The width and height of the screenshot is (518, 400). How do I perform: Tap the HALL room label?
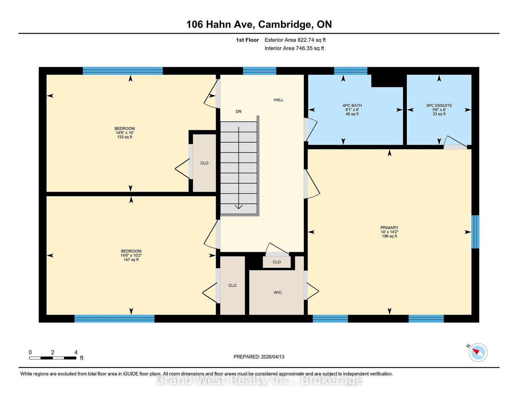(x=278, y=100)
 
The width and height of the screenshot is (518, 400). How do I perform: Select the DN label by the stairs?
(x=239, y=112)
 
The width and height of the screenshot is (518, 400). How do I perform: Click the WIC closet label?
(x=278, y=293)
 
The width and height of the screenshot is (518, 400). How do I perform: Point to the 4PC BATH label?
(x=352, y=106)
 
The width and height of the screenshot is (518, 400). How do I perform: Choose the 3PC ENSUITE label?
(x=439, y=106)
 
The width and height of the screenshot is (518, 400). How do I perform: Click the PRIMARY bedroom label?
(x=389, y=228)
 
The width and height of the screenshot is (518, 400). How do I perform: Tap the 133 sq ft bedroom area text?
(x=125, y=137)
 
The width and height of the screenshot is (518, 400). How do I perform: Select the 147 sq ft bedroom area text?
(x=131, y=260)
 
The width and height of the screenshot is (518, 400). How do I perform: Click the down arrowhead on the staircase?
(x=239, y=207)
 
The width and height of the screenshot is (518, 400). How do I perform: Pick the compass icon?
(x=478, y=352)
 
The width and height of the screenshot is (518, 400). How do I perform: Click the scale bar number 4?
(x=76, y=352)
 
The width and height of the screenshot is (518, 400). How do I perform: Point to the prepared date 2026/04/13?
(x=259, y=357)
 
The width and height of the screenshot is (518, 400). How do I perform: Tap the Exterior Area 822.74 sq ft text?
(x=295, y=40)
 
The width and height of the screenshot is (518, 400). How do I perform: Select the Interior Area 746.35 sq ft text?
(x=294, y=48)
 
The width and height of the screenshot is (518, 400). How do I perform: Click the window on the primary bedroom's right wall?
(x=475, y=232)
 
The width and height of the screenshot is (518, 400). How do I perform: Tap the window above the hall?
(x=260, y=71)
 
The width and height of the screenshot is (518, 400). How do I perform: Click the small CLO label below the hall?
(x=277, y=262)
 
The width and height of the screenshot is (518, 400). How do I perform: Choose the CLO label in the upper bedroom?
(x=204, y=163)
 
